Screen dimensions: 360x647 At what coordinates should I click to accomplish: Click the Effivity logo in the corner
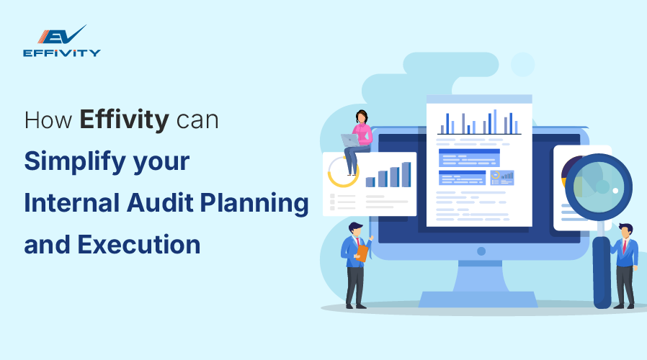(61, 42)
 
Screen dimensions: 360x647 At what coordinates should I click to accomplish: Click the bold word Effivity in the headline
(124, 120)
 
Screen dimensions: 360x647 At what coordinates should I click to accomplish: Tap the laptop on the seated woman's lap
(350, 140)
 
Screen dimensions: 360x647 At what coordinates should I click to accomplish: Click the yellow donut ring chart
(342, 172)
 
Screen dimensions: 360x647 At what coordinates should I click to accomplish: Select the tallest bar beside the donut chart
(406, 174)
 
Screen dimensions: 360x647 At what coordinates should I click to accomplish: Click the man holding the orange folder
(354, 263)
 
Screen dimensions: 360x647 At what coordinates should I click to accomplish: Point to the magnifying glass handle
(601, 266)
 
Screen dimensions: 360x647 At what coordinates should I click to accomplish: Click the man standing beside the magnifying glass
(625, 263)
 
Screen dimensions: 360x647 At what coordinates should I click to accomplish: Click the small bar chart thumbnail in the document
(501, 175)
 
